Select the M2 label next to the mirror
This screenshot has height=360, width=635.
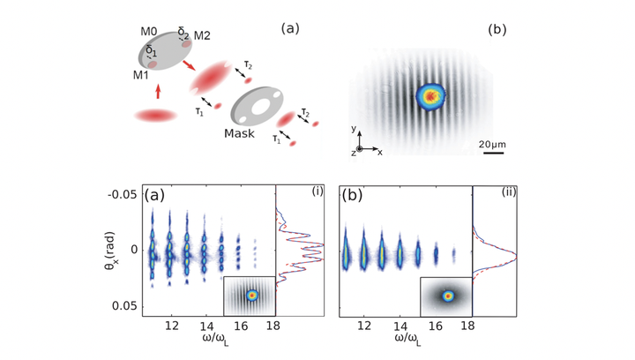pyautogui.click(x=203, y=36)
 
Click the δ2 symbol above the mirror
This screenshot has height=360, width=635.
pyautogui.click(x=183, y=31)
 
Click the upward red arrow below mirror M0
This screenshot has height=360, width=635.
pyautogui.click(x=158, y=90)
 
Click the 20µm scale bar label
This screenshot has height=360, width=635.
pyautogui.click(x=491, y=141)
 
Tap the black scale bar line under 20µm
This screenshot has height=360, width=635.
pyautogui.click(x=491, y=152)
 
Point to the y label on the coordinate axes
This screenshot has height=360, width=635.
pyautogui.click(x=353, y=129)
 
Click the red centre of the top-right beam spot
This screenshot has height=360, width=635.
pyautogui.click(x=430, y=94)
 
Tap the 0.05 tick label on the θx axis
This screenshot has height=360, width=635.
pyautogui.click(x=130, y=305)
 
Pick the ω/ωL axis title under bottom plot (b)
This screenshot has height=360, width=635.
pyautogui.click(x=406, y=340)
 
